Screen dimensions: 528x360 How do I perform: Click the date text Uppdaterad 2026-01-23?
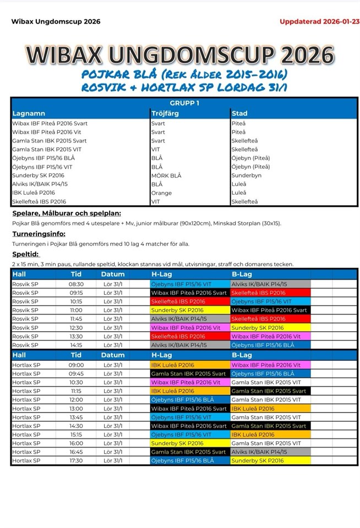point(319,22)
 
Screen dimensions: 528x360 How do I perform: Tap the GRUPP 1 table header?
point(184,103)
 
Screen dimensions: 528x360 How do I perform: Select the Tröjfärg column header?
point(165,113)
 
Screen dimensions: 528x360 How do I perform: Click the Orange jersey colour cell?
point(161,193)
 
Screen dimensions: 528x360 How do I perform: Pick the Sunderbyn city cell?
point(246,175)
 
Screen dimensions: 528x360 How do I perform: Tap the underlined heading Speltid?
point(25,254)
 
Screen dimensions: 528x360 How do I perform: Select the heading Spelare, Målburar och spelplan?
point(67,213)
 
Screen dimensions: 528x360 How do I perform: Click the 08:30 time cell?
point(77,284)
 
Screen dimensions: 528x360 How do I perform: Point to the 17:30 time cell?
point(77,461)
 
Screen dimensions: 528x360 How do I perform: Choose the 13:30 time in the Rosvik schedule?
point(77,337)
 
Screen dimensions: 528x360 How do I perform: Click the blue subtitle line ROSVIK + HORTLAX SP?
point(184,87)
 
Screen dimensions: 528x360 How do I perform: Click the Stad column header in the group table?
point(240,113)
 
